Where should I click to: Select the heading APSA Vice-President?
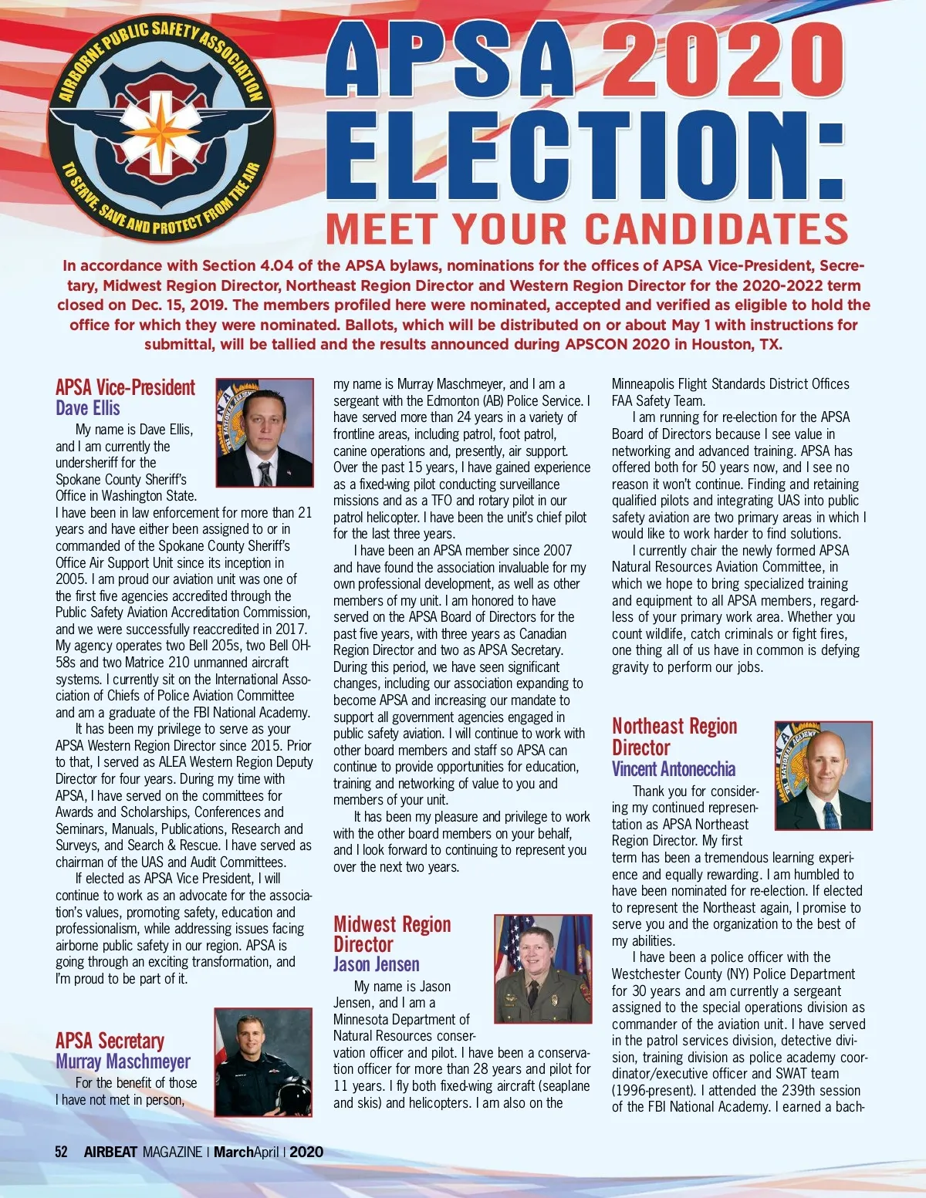tap(125, 387)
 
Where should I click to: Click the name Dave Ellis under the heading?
tap(88, 408)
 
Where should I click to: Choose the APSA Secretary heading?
tap(110, 1041)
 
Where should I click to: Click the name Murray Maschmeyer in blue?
tap(123, 1061)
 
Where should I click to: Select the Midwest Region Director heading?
tap(392, 934)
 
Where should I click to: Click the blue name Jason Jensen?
tap(377, 964)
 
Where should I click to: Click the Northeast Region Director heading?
tap(674, 737)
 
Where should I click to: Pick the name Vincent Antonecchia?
tap(674, 769)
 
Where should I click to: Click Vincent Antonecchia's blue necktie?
tap(832, 814)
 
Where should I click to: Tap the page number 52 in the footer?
tap(61, 1152)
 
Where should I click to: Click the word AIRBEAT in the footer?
tap(110, 1152)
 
